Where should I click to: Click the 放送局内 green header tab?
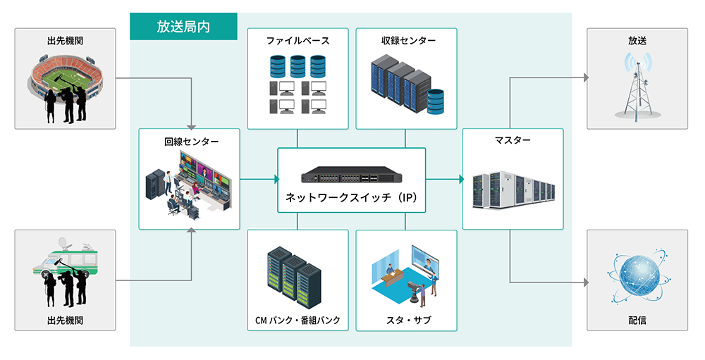click(183, 27)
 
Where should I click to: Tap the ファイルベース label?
click(298, 41)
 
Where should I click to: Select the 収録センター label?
click(406, 41)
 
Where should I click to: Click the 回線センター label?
click(190, 142)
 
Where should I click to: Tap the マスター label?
click(513, 140)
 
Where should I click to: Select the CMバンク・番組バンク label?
click(298, 321)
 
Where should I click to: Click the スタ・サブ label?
click(406, 321)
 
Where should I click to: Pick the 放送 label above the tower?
click(637, 41)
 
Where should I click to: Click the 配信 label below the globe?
click(637, 320)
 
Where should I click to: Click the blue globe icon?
click(637, 277)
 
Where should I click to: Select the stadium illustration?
click(65, 77)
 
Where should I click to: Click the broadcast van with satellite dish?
click(63, 268)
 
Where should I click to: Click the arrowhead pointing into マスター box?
click(460, 179)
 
